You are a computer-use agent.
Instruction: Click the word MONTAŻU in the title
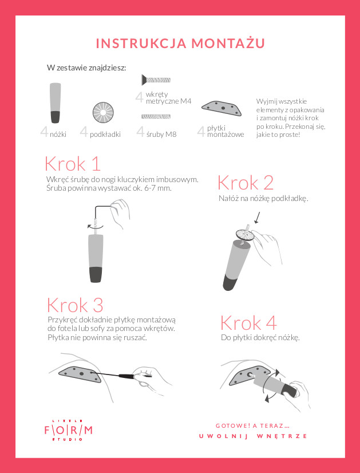tap(228, 43)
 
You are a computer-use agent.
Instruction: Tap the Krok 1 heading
tap(72, 164)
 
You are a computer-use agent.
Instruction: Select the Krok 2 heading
tap(246, 183)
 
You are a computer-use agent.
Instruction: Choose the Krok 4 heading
tap(248, 323)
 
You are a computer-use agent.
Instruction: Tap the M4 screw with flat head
tap(156, 80)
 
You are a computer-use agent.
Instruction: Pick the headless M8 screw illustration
tap(156, 116)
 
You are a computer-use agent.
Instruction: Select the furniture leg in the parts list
tap(55, 103)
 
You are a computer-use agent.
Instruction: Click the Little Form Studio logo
tap(69, 430)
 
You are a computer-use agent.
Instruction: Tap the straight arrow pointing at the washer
tap(257, 218)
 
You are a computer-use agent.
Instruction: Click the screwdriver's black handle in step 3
tap(126, 376)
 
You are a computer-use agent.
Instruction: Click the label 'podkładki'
tap(105, 134)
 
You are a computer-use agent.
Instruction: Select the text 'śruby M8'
tap(161, 134)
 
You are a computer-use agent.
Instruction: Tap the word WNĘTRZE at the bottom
tap(282, 436)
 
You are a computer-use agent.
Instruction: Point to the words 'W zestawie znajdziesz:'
tap(86, 68)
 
